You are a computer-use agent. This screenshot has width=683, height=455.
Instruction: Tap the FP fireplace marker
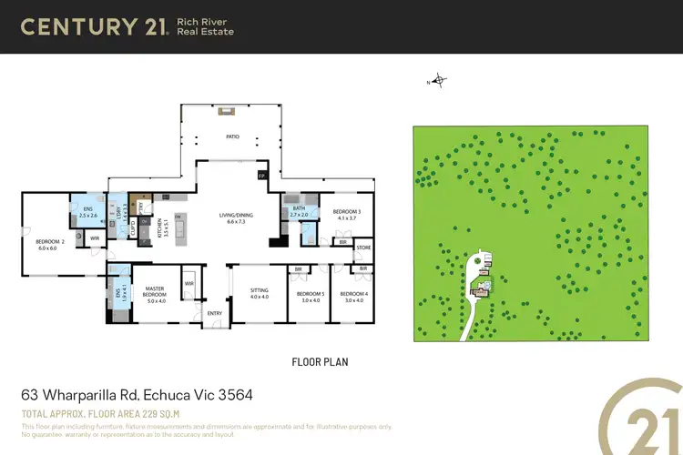[261, 175]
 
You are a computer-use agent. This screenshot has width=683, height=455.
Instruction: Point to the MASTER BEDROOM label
[155, 293]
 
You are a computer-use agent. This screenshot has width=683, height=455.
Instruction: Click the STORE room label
[363, 248]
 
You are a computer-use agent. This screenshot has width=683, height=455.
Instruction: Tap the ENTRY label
[214, 314]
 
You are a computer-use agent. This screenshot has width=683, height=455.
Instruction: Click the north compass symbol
[439, 80]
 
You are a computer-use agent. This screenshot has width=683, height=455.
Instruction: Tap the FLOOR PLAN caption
[320, 362]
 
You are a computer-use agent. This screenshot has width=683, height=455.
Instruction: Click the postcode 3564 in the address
[234, 396]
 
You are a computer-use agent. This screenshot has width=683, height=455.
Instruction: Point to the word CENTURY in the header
[77, 26]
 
